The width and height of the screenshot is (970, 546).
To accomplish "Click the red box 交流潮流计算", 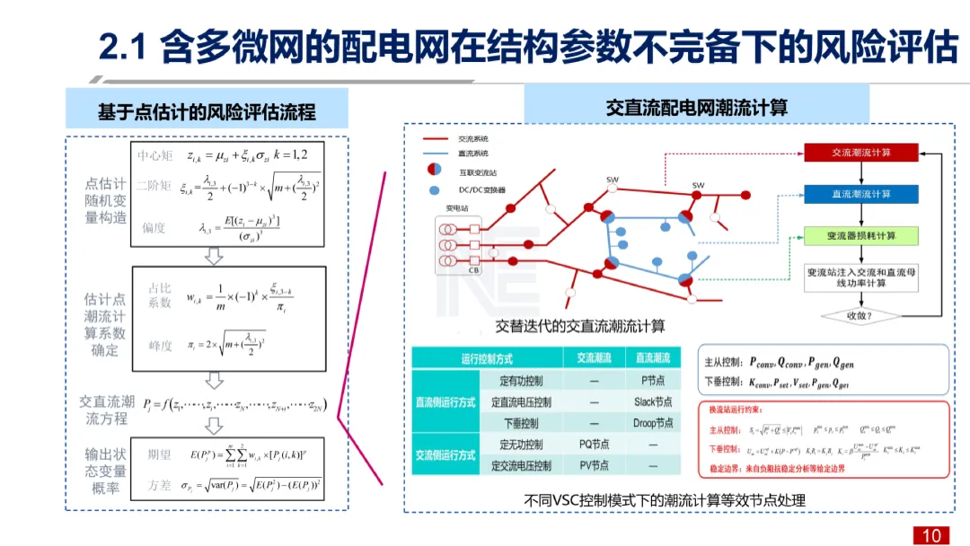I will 860,153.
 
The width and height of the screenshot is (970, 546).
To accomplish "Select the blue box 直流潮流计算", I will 860,194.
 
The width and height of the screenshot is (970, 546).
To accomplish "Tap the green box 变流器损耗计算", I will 860,236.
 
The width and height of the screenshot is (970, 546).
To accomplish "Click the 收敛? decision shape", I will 860,316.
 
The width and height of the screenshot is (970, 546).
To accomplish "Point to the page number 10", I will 931,535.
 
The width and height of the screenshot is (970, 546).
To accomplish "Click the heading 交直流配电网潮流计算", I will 696,108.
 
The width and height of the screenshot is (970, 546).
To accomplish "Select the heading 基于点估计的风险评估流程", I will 207,113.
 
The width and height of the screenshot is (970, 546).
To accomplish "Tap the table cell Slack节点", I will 652,402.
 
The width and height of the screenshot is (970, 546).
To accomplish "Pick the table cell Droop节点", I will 652,423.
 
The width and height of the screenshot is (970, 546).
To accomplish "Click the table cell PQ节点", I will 594,445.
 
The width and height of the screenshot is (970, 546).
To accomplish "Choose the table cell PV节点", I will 594,465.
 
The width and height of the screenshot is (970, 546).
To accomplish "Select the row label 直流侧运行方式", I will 445,402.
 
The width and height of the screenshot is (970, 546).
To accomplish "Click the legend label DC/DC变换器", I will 482,190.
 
